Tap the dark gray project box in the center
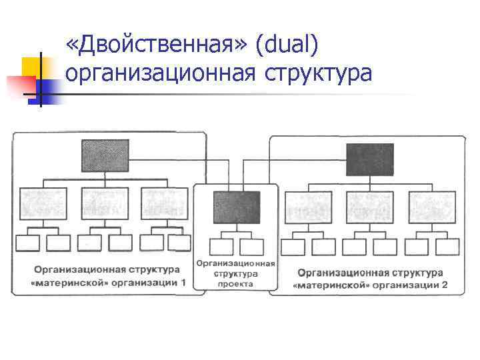click(237, 207)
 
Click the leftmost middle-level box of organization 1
click(43, 203)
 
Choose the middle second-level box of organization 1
click(104, 203)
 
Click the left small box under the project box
click(221, 246)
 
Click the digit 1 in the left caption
click(184, 283)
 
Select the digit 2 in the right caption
click(445, 285)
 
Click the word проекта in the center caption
click(235, 283)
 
